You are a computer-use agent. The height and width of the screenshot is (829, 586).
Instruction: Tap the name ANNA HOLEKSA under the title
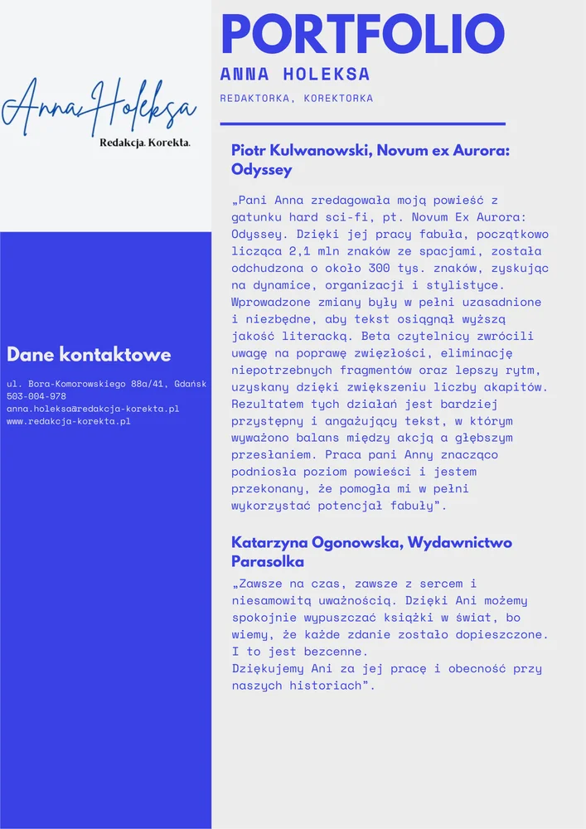tap(295, 75)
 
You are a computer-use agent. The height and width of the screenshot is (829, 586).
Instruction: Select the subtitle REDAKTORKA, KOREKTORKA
tap(296, 98)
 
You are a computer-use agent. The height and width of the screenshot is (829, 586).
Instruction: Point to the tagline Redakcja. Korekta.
tap(145, 143)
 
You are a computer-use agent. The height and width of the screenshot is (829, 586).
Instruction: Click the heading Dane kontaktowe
tap(89, 355)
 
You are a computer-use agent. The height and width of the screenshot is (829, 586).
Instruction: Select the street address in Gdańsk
tap(106, 384)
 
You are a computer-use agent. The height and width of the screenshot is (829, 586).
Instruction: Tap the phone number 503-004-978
tap(36, 396)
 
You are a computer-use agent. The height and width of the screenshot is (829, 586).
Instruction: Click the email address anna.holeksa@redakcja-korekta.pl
tap(93, 409)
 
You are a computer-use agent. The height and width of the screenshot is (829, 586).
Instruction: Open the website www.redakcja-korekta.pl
tap(69, 421)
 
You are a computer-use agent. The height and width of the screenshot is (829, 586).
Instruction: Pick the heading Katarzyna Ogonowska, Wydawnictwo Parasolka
tap(371, 552)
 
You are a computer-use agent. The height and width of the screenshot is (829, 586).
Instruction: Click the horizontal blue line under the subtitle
tap(362, 124)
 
